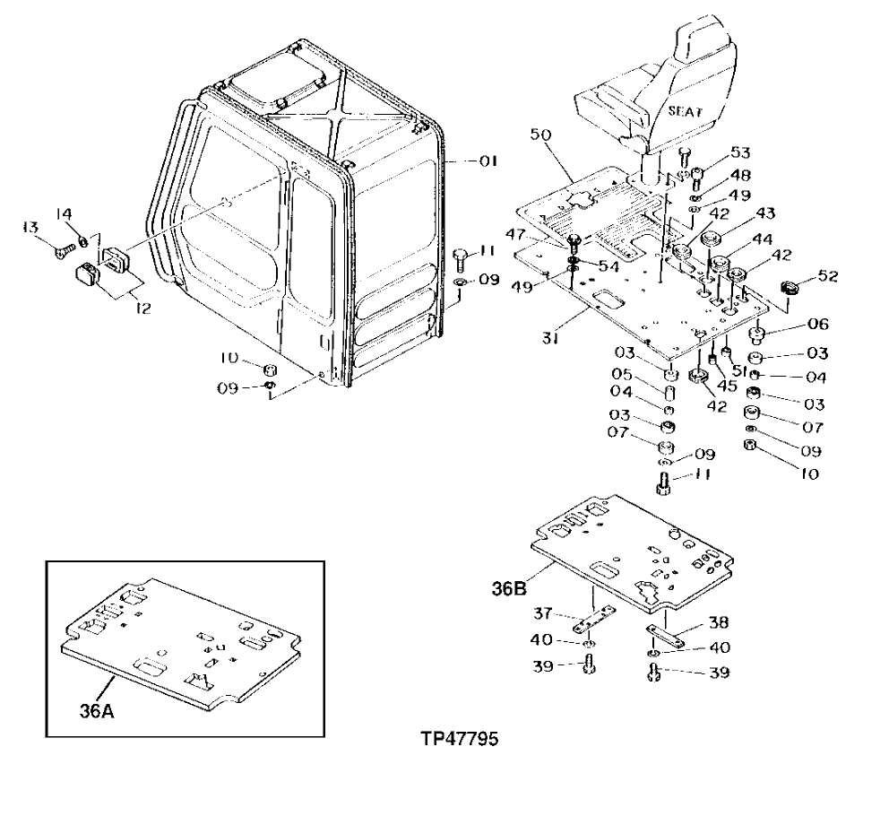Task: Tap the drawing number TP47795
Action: (459, 741)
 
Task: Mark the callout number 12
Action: (141, 308)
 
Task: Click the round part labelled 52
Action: (790, 288)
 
